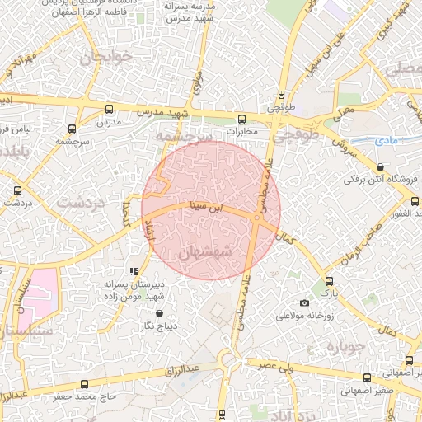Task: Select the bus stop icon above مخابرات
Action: [241, 118]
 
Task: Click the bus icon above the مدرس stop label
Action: [110, 110]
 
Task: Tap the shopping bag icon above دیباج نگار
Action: [159, 314]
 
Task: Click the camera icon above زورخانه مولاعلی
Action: [305, 303]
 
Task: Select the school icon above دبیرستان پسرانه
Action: [134, 271]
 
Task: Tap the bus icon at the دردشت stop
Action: [18, 190]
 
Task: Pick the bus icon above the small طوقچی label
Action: [283, 95]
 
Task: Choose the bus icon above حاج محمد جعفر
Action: [84, 384]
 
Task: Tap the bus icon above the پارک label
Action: [330, 281]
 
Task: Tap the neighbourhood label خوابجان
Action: [104, 59]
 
